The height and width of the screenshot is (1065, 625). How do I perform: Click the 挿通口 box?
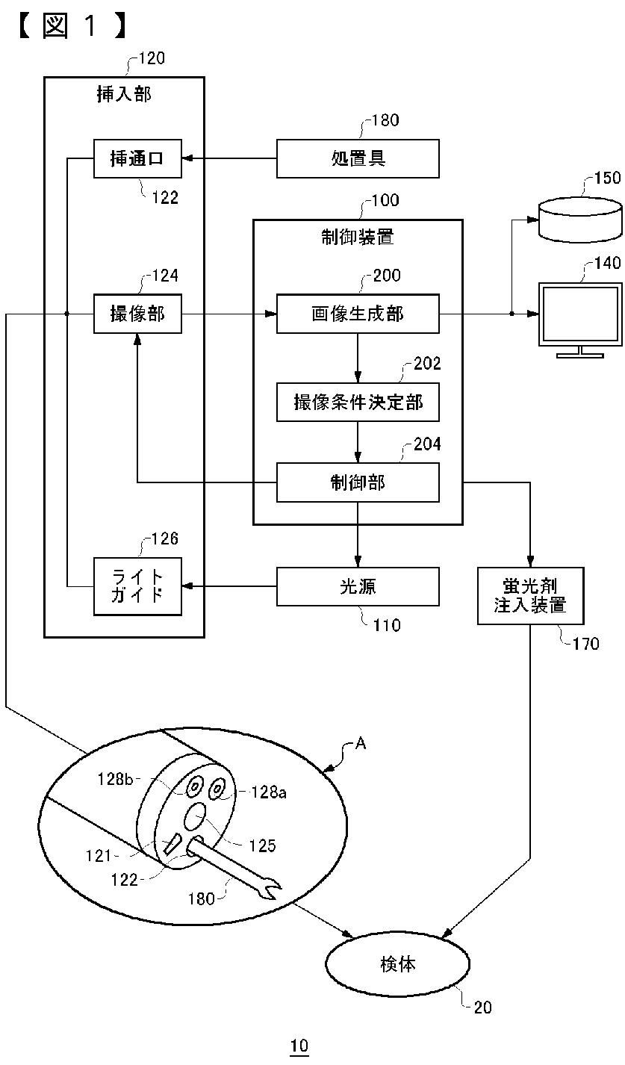(137, 159)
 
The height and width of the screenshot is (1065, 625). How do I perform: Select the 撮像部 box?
(137, 314)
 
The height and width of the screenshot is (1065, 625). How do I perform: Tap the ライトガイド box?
(137, 586)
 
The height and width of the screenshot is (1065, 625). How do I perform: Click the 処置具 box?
(358, 159)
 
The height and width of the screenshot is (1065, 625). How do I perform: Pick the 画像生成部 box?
(358, 314)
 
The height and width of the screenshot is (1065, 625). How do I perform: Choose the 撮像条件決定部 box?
(358, 403)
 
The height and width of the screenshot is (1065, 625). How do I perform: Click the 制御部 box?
(358, 482)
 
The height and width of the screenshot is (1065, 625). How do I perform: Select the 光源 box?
(358, 586)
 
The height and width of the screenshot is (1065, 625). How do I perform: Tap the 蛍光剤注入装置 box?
(530, 596)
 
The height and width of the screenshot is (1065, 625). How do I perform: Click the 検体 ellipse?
(398, 964)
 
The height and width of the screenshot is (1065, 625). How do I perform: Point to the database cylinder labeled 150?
(580, 220)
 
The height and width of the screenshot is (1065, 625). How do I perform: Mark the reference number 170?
(585, 644)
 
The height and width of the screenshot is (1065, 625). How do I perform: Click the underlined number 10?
(299, 1046)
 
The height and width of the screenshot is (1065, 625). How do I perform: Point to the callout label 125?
(262, 846)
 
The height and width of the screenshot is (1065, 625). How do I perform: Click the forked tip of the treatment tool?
(271, 889)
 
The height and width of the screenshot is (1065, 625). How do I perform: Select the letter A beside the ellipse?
(361, 743)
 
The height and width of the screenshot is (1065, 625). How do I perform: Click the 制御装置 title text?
(358, 237)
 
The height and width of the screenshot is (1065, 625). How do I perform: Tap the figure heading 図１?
(71, 25)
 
